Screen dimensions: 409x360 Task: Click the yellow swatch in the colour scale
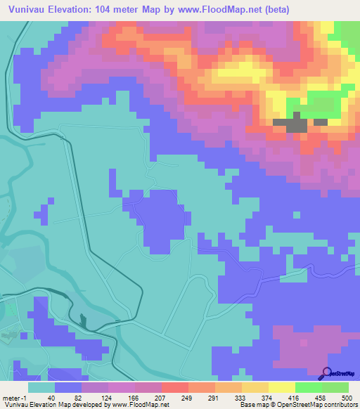tap(282, 387)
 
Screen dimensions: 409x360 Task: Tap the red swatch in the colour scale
tap(175, 387)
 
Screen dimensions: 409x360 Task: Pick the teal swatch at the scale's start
tap(41, 387)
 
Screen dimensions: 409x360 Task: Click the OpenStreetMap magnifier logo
tap(327, 373)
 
